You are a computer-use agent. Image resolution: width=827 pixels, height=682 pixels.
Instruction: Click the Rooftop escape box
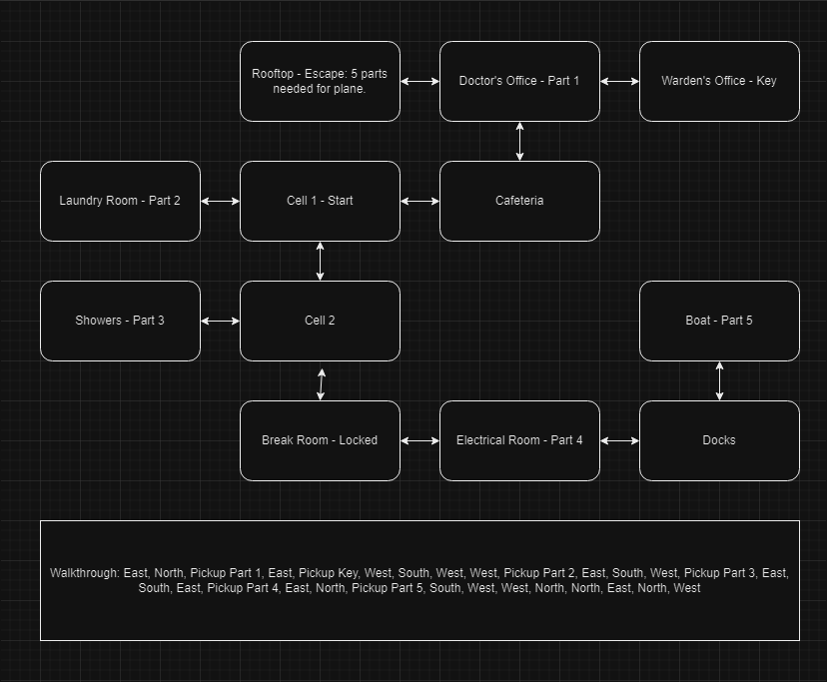coord(320,81)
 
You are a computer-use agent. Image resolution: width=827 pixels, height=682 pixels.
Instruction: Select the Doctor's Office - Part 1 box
coord(519,81)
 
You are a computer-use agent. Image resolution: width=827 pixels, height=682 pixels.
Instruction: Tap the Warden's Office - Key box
coord(719,81)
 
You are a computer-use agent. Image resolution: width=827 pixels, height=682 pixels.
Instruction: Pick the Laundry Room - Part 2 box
coord(120,201)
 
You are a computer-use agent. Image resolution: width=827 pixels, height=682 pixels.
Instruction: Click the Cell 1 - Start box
coord(320,201)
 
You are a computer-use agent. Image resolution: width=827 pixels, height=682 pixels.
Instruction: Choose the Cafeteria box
coord(519,201)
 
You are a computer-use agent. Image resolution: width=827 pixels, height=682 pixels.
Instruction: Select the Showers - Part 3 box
coord(120,321)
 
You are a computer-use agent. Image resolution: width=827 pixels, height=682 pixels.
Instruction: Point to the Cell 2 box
coord(320,321)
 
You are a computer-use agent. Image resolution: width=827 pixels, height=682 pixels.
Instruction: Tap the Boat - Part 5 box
coord(719,321)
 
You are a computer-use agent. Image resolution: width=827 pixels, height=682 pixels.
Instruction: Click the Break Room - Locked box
coord(320,440)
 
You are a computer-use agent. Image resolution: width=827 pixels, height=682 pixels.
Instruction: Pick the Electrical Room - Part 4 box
coord(519,440)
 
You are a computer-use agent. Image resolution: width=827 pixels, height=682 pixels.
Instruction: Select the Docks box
coord(719,440)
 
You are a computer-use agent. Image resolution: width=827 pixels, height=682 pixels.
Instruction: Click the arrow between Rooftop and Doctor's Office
coord(419,81)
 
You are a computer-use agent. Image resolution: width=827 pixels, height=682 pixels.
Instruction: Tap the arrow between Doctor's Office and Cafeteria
coord(519,141)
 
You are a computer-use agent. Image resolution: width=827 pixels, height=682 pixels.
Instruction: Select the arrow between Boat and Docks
coord(719,380)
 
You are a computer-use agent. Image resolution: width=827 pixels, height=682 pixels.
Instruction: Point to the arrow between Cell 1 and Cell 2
coord(320,261)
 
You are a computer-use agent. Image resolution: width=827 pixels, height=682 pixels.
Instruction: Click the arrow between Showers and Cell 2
coord(220,321)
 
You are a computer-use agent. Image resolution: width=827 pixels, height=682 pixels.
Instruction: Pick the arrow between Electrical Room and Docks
coord(619,440)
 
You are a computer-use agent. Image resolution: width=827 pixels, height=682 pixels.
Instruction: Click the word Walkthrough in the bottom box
coord(84,573)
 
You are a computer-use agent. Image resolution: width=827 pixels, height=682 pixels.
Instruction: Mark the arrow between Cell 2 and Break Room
coord(321,383)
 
